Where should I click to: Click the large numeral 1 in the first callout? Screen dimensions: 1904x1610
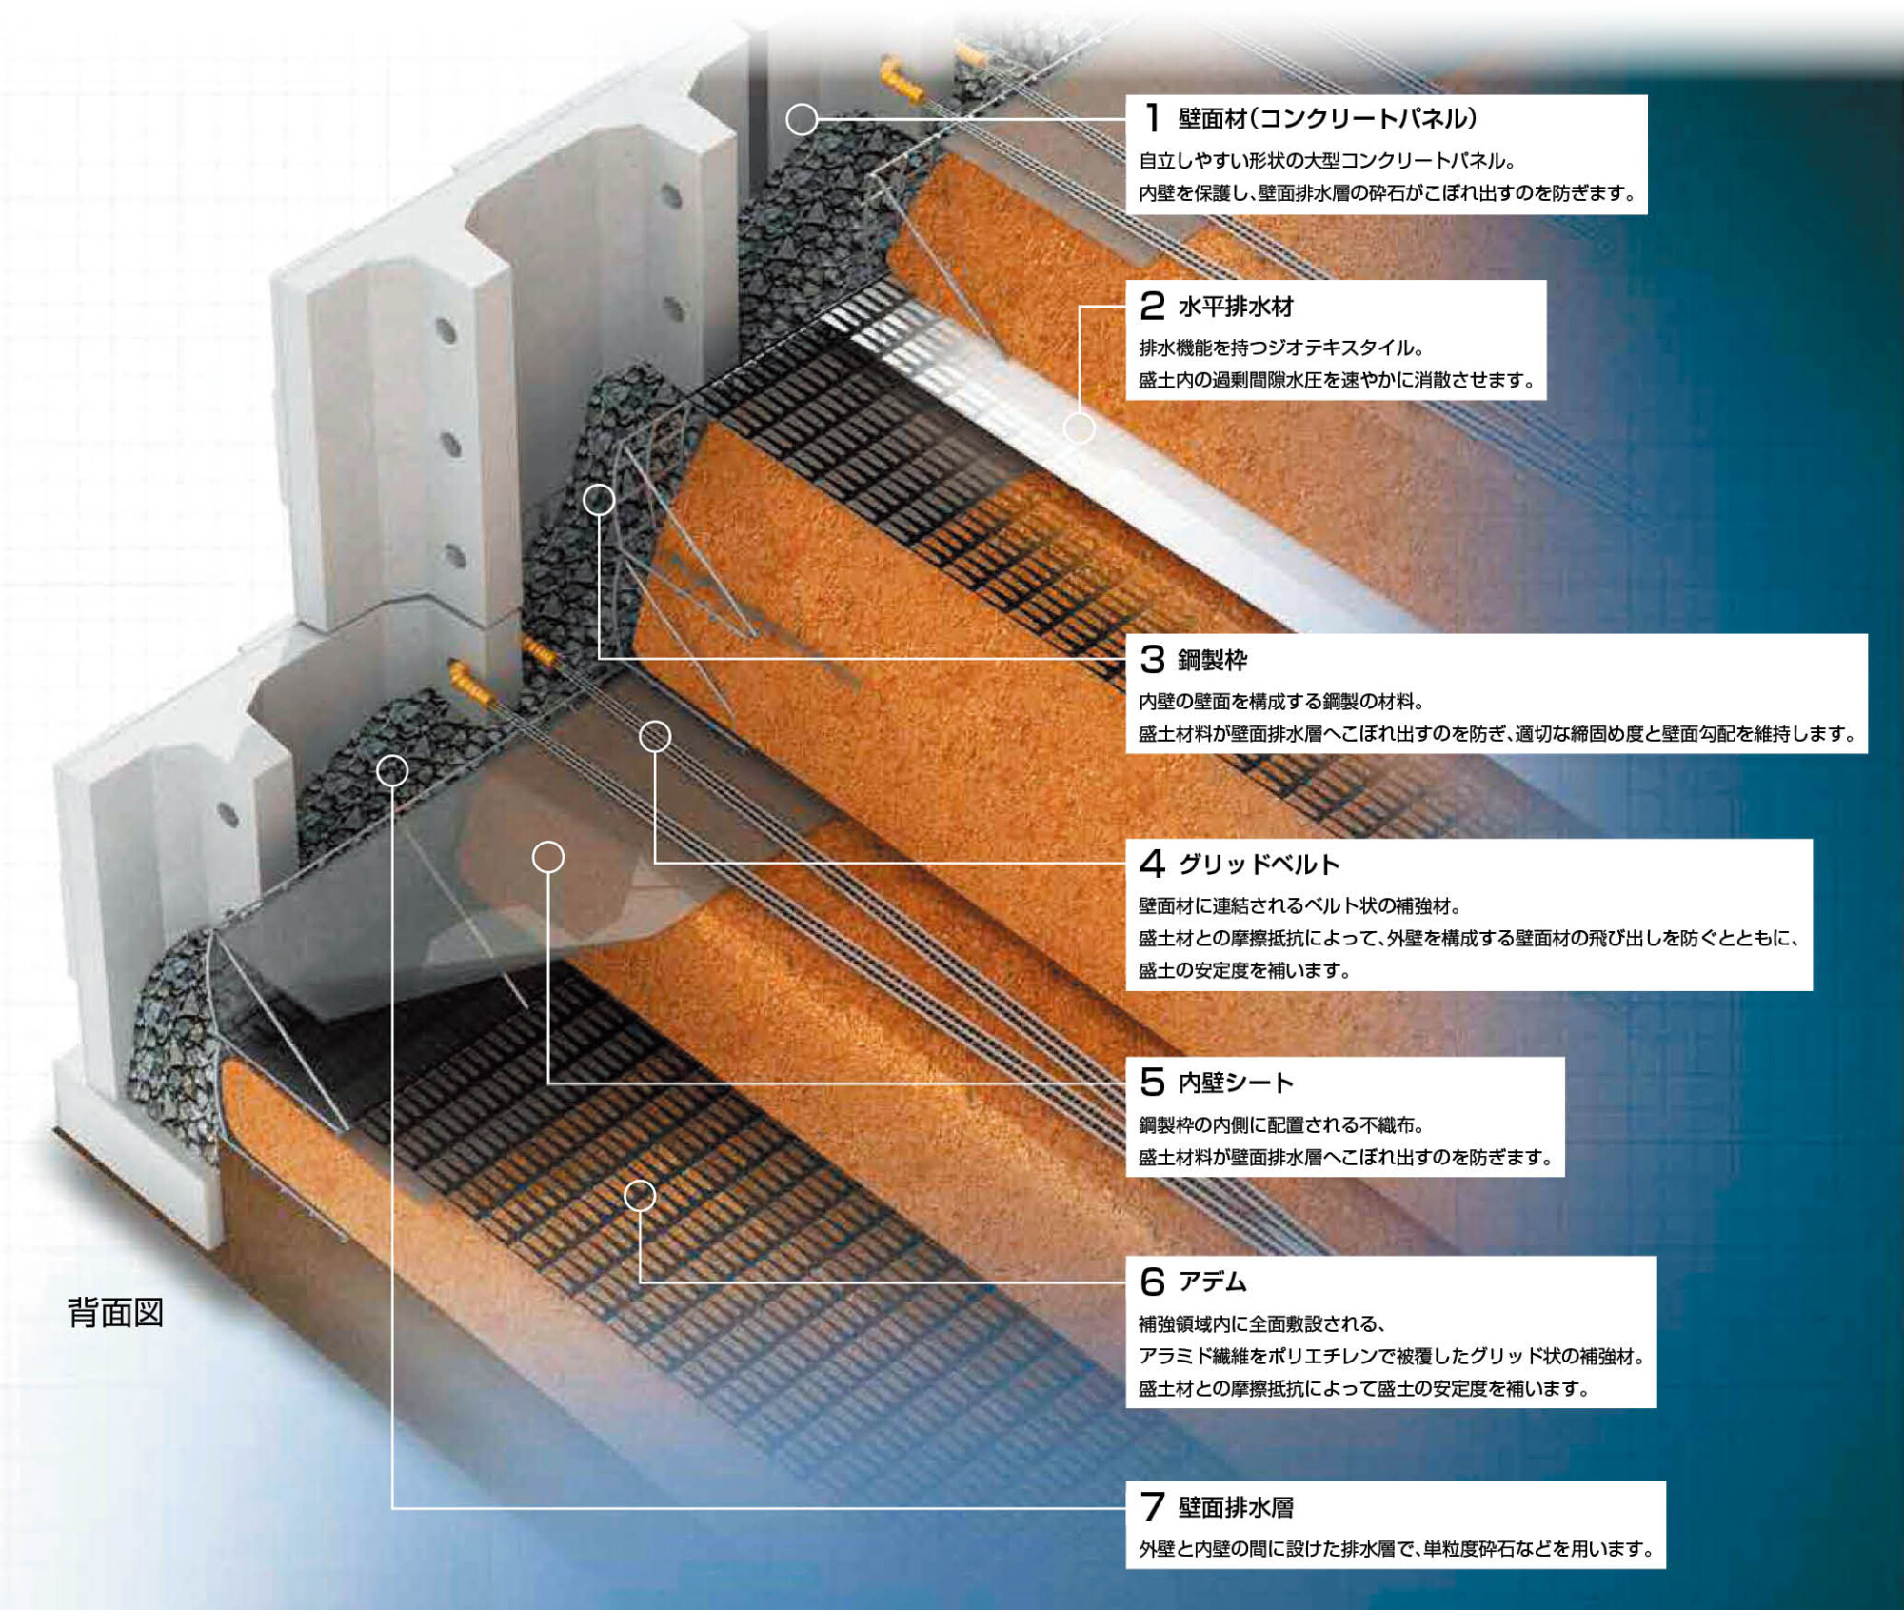coord(1153,118)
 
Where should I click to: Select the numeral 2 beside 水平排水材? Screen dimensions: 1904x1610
coord(1152,306)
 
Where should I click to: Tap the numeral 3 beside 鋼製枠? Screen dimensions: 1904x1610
coord(1152,659)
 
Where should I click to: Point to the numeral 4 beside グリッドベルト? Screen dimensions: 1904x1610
coord(1152,864)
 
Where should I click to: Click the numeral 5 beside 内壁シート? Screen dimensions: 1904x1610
coord(1152,1082)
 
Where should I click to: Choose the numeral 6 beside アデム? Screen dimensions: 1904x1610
coord(1152,1282)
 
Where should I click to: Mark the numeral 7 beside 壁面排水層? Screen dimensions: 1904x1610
coord(1152,1506)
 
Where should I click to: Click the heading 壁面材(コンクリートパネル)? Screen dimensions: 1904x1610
coord(1328,118)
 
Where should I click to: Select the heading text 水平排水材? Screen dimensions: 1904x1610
coord(1236,307)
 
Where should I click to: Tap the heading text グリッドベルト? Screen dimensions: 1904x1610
coord(1259,864)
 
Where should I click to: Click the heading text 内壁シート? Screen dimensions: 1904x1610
coord(1236,1083)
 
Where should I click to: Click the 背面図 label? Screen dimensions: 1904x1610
coord(116,1312)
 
